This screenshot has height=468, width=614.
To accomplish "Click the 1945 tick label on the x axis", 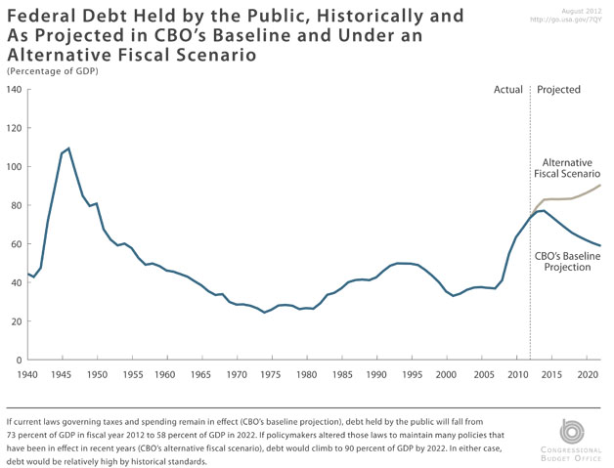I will tap(64, 374).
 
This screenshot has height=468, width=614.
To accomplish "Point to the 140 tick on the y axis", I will tap(14, 90).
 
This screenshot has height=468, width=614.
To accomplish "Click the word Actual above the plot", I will tap(508, 90).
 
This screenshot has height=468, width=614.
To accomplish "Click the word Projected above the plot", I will tap(559, 90).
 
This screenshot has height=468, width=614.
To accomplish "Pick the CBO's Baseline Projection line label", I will tap(568, 261).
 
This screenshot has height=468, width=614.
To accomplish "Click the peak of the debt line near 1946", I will tap(67, 149).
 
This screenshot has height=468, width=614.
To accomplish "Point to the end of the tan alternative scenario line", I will tap(599, 186).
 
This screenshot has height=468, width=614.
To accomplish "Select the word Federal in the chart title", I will tap(43, 17).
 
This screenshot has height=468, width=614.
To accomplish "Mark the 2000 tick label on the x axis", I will tap(447, 374).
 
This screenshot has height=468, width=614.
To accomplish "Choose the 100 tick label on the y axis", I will tap(14, 167).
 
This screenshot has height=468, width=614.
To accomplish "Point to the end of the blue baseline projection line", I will tap(599, 245).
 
